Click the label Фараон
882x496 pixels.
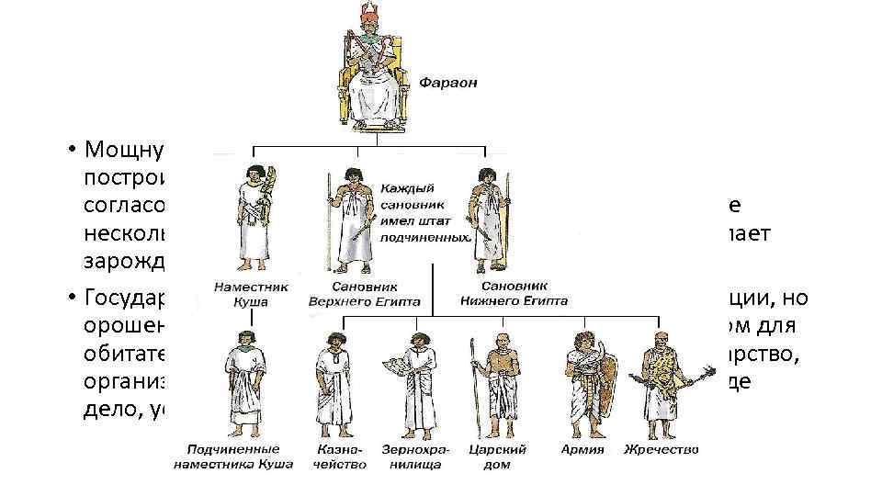click(448, 83)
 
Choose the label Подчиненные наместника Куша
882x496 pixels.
click(233, 457)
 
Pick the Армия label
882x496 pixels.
click(582, 450)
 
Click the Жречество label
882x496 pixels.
click(661, 450)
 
